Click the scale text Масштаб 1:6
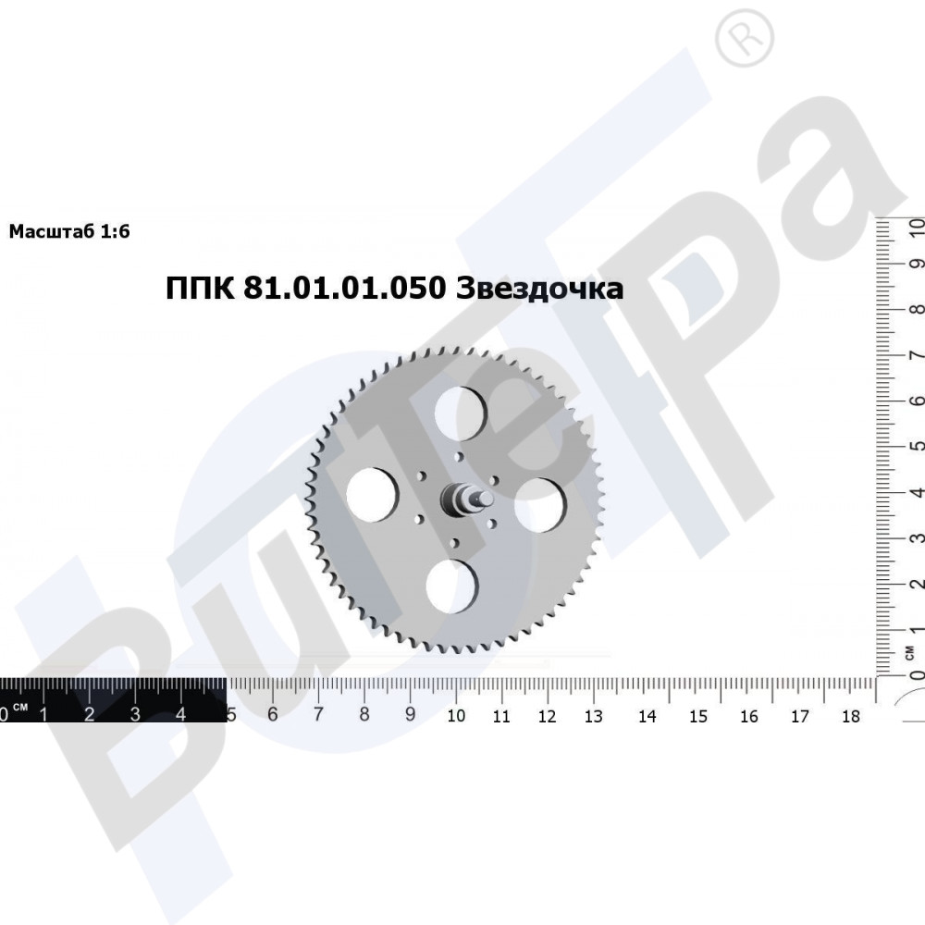point(69,231)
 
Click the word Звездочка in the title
point(540,289)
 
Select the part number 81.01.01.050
point(344,289)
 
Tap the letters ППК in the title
point(200,289)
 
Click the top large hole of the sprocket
point(460,413)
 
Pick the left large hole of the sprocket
point(372,495)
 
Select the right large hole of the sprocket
point(540,505)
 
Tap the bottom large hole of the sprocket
point(452,586)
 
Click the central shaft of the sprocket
point(465,500)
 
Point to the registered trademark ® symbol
point(745,39)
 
